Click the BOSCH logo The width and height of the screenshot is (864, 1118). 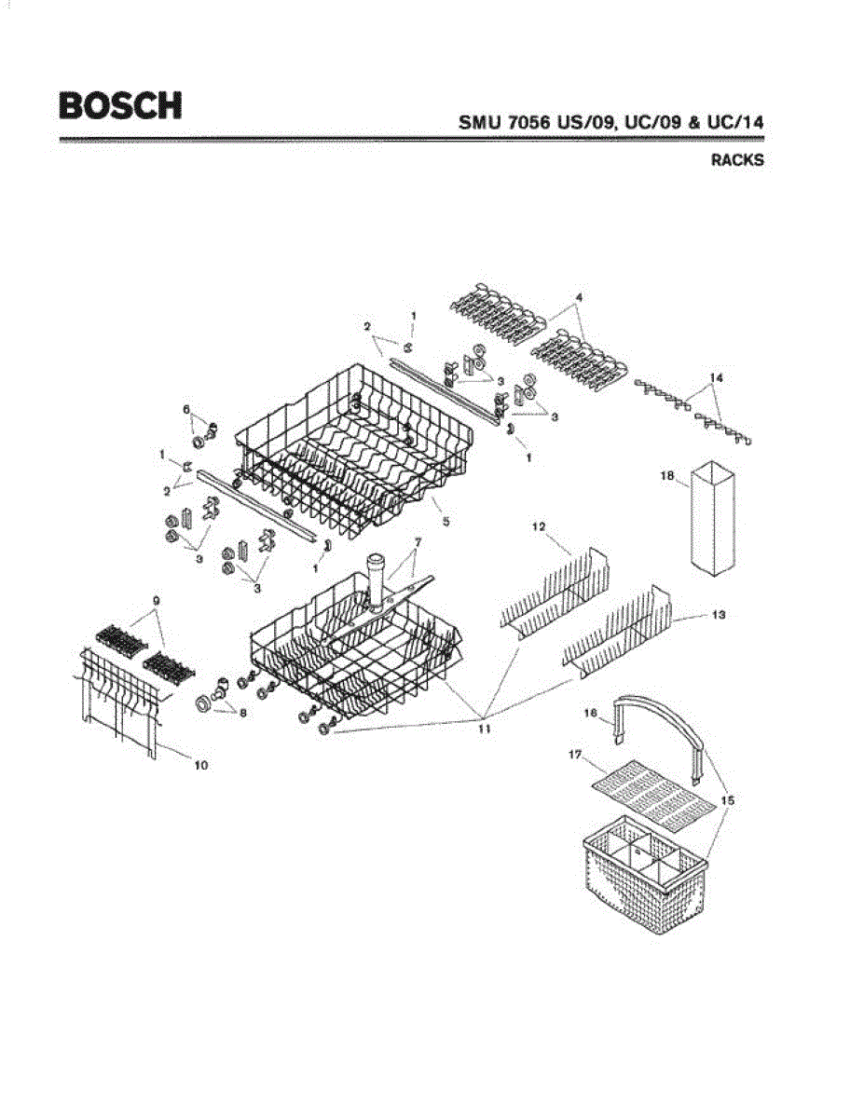[x=120, y=105]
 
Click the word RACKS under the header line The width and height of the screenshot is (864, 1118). [x=737, y=160]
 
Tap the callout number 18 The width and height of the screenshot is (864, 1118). [x=667, y=475]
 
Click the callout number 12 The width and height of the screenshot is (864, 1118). [x=538, y=527]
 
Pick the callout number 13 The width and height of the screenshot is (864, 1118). [x=719, y=616]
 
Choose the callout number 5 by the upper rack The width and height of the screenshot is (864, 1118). [x=446, y=522]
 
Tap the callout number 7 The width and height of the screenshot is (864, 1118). [x=418, y=541]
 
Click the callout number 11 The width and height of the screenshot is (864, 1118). [x=484, y=729]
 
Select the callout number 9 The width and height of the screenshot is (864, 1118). [x=157, y=601]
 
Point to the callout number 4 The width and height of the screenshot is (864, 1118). [x=579, y=297]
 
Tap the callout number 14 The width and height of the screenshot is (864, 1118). [x=716, y=377]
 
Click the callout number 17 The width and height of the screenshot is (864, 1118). [x=576, y=756]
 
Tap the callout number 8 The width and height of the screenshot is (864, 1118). [x=243, y=714]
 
